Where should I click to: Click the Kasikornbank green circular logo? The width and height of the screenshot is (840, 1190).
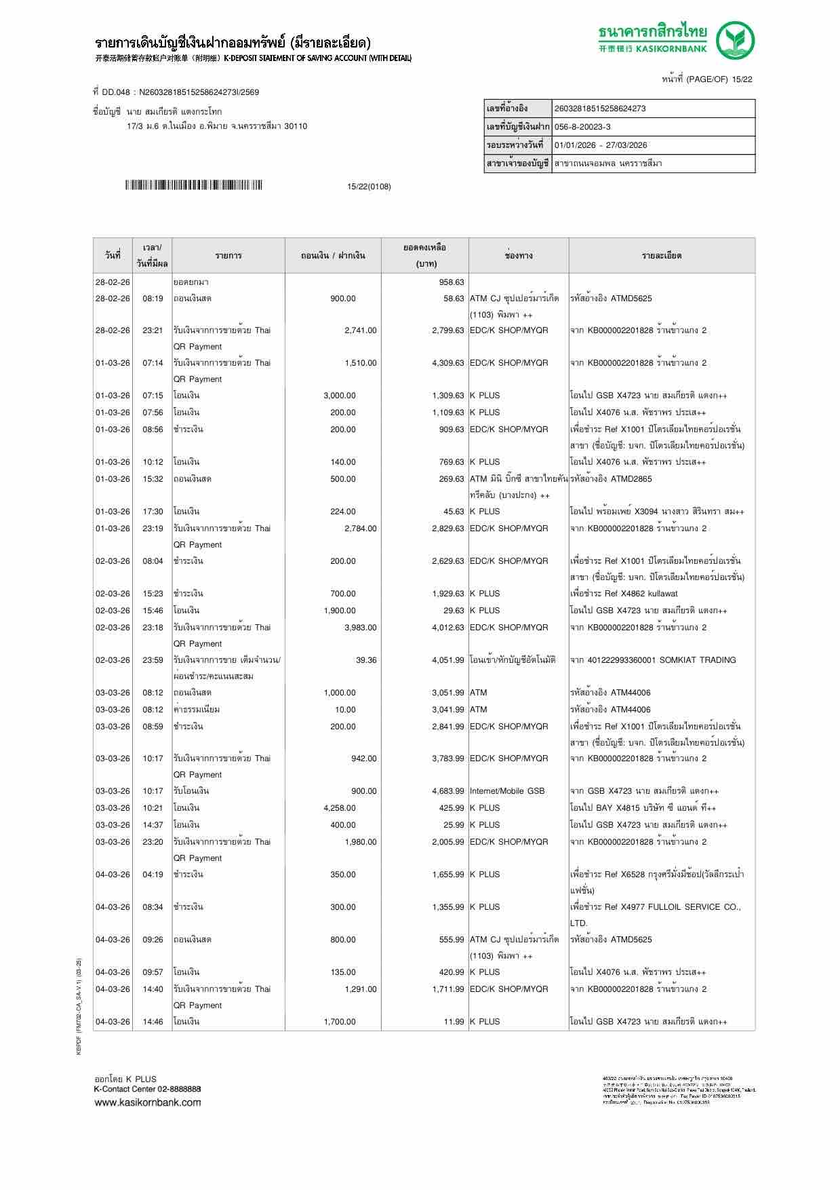pos(736,40)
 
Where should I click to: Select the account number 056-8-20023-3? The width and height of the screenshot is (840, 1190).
pos(582,127)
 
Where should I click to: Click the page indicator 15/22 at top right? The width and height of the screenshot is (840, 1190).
pos(740,79)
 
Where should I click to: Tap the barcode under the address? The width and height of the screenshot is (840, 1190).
pos(193,185)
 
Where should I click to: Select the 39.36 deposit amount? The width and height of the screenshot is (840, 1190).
pos(366,660)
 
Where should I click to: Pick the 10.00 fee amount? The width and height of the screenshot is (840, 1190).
pos(345,710)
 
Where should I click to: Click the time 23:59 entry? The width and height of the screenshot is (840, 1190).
pos(153,660)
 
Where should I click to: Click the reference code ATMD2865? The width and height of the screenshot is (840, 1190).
pos(631,479)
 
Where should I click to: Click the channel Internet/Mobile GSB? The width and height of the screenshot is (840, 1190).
pos(507,791)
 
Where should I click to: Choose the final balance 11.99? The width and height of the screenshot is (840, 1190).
pos(454,1022)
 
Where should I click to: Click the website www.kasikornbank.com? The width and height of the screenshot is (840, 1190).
pos(147,1102)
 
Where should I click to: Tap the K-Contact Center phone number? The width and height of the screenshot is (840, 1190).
pos(177,1089)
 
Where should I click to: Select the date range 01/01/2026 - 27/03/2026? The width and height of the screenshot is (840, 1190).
pos(601,145)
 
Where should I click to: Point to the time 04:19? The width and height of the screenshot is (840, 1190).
pos(153,875)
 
